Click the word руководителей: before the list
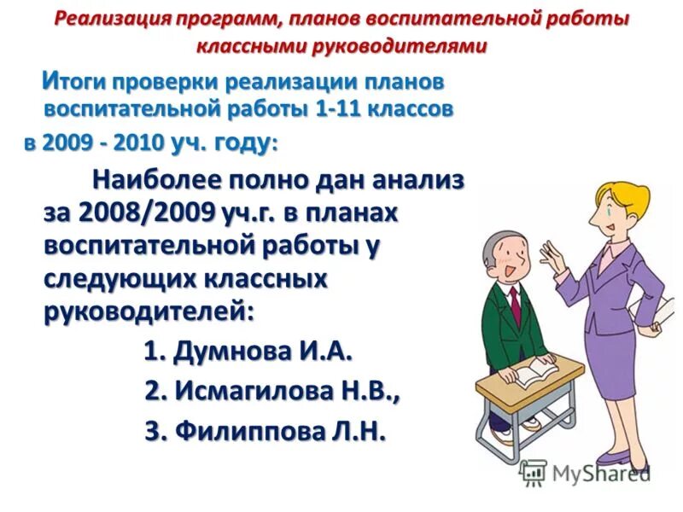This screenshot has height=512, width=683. pyautogui.click(x=149, y=311)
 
